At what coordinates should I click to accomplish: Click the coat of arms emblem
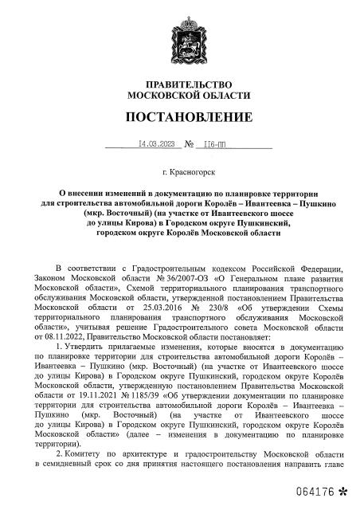click(x=178, y=37)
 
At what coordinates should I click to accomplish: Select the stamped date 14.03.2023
click(x=156, y=145)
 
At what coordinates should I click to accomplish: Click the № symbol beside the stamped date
click(x=190, y=145)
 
